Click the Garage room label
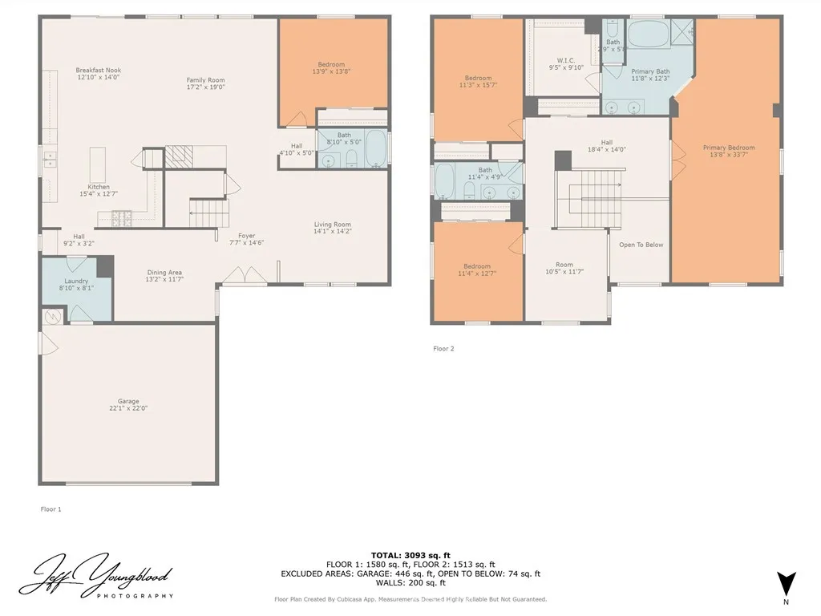coord(128,401)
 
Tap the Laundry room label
coord(76,281)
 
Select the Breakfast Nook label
coord(99,71)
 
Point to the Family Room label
coord(205,80)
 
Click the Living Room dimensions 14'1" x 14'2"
coord(332,231)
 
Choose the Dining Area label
coord(163,273)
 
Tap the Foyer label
coord(246,236)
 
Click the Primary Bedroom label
coord(728,148)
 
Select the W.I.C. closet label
coord(566,60)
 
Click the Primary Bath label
coord(649,71)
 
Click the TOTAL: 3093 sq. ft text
coord(410,555)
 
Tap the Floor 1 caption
coord(51,509)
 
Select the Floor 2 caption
coord(443,348)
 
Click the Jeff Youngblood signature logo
coord(96,576)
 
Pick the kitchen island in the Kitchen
coord(98,164)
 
